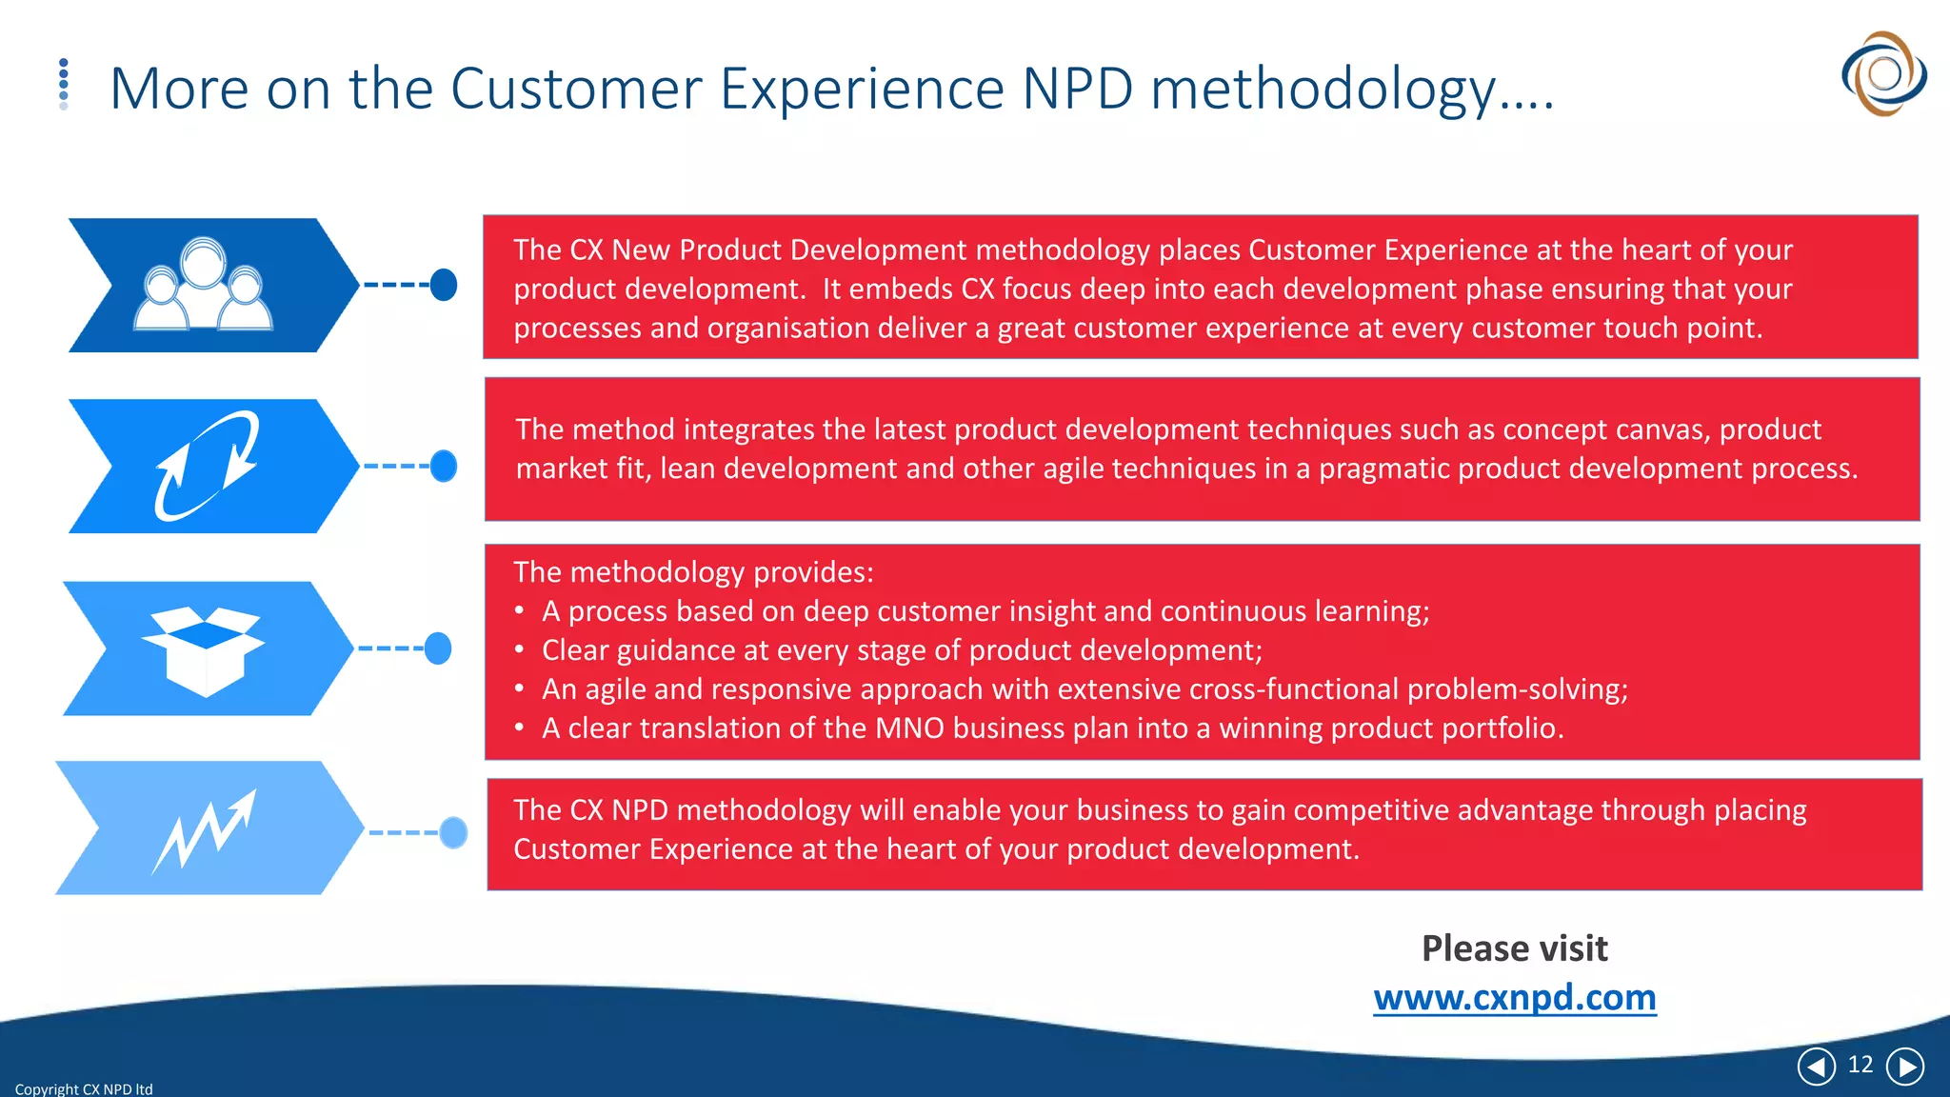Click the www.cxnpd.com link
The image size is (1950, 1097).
(x=1514, y=997)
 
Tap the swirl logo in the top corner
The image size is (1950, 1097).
(x=1882, y=73)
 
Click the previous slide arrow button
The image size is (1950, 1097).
(x=1816, y=1067)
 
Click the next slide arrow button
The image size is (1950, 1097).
(x=1905, y=1067)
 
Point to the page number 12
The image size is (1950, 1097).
(x=1860, y=1065)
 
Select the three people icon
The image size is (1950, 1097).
(x=204, y=285)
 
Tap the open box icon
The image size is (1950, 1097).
(x=203, y=650)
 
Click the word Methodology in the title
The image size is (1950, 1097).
(x=1323, y=90)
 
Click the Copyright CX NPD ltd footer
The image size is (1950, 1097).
(x=84, y=1088)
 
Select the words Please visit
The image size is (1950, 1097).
(x=1514, y=948)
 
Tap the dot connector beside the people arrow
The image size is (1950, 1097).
(x=444, y=285)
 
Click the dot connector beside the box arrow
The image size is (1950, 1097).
(x=438, y=648)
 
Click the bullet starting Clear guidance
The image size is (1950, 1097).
(x=902, y=650)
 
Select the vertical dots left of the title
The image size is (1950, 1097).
(x=64, y=84)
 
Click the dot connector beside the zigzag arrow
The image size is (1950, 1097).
(x=453, y=832)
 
